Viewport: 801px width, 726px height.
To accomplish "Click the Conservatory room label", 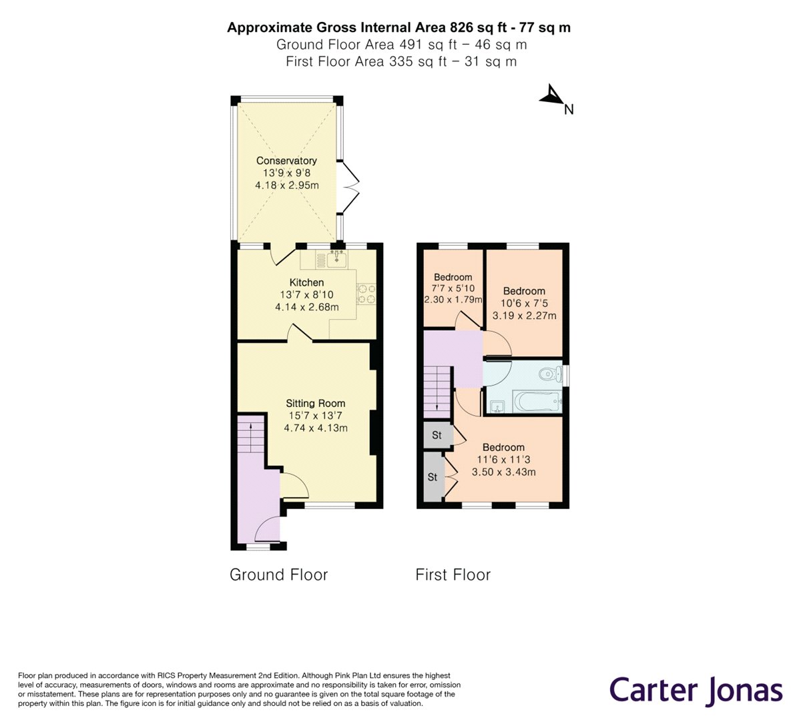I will tap(286, 161).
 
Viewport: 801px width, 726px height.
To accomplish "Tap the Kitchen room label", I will tap(306, 283).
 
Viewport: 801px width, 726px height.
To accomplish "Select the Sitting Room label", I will tap(316, 403).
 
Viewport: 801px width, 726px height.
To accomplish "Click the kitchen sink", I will tap(337, 257).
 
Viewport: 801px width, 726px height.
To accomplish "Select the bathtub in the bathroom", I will tap(536, 402).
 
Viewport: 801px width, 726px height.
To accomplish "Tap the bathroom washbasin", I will tap(496, 404).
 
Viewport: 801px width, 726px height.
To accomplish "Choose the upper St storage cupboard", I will tap(437, 436).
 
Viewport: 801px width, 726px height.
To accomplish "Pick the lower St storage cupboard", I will tap(433, 477).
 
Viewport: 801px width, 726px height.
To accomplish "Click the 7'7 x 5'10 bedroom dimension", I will tap(453, 289).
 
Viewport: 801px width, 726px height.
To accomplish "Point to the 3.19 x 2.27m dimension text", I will tap(524, 316).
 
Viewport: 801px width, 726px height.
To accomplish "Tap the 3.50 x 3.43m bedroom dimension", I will tap(504, 472).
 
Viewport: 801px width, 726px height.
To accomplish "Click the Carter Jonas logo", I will tap(696, 689).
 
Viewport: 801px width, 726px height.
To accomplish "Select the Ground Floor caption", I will tap(278, 575).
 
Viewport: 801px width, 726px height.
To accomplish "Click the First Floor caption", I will tap(453, 575).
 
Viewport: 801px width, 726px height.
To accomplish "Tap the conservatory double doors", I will tap(350, 188).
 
